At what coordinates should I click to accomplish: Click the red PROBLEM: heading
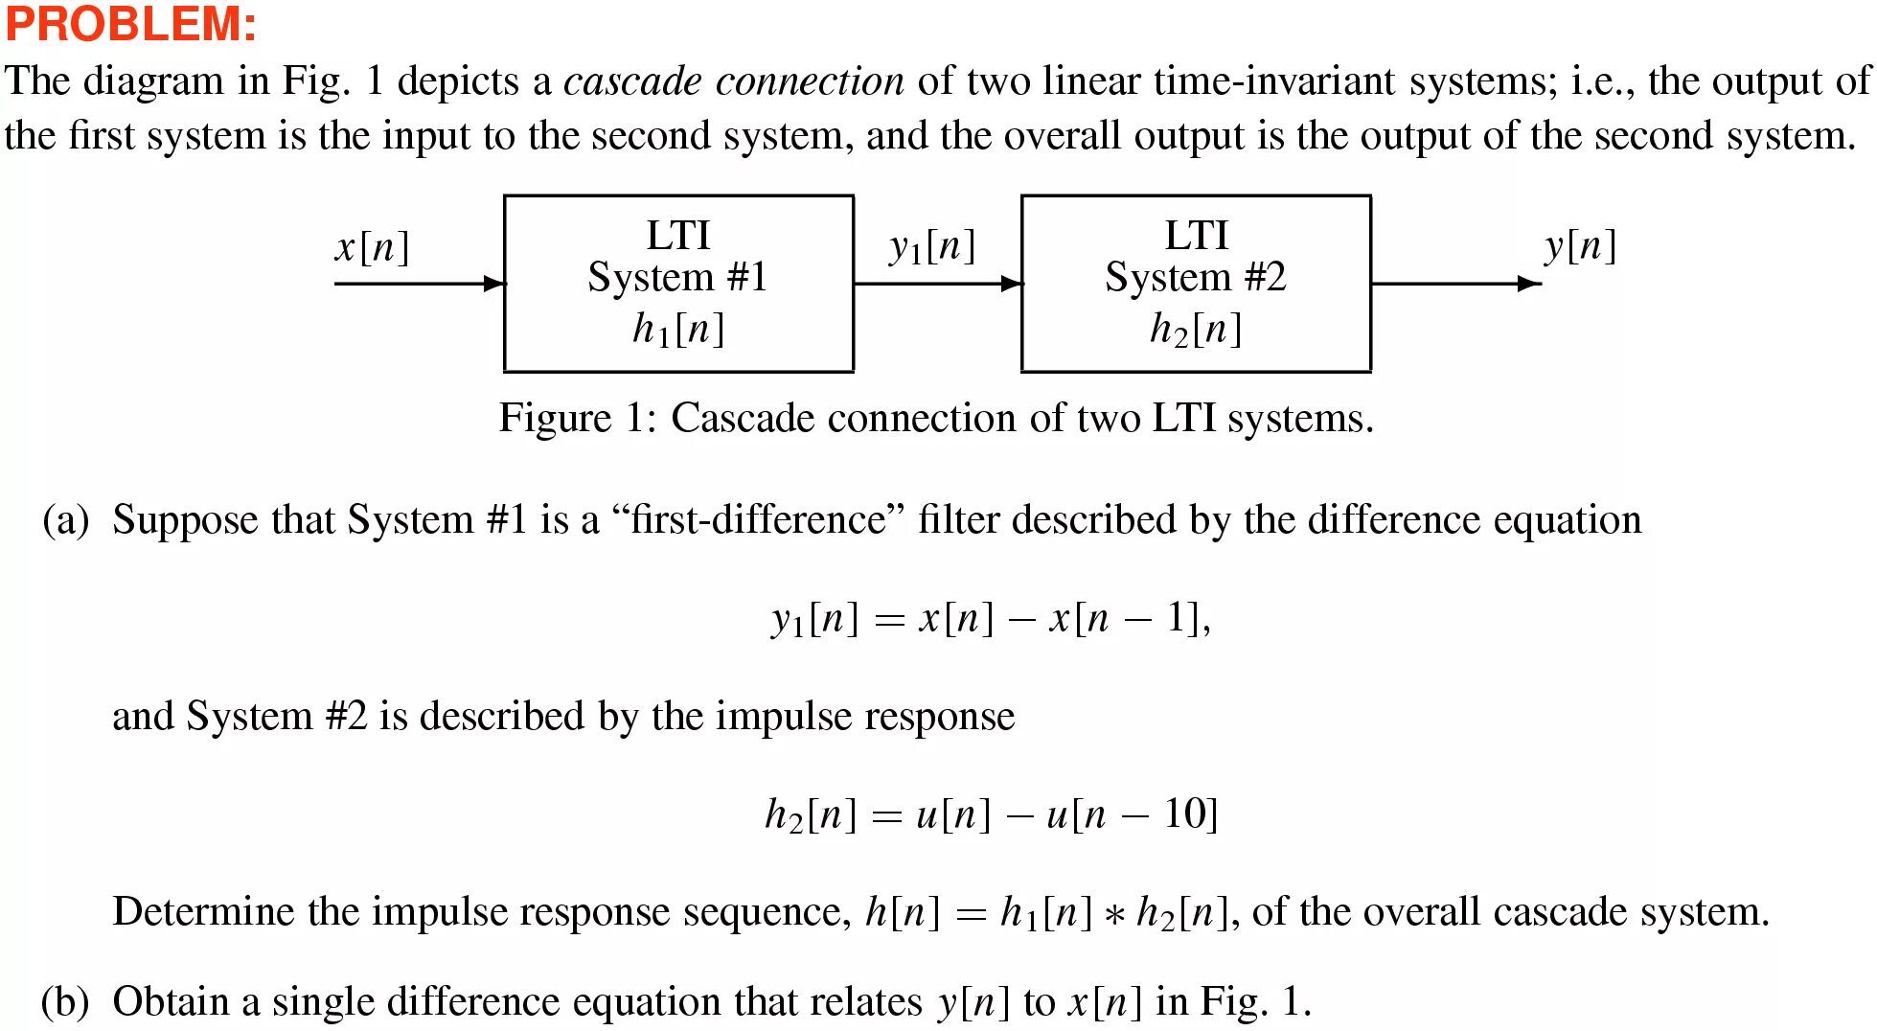(131, 24)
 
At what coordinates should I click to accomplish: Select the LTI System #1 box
(678, 284)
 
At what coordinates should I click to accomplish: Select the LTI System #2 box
(1196, 284)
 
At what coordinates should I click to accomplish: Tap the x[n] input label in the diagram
(373, 247)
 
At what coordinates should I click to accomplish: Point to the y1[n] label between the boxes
(932, 247)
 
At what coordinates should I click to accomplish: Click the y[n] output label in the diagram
(1580, 246)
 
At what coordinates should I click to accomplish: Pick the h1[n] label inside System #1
(678, 330)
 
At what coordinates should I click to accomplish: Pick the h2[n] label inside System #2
(1196, 330)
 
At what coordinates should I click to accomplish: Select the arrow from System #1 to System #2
(937, 284)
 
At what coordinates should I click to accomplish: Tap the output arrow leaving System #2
(1455, 284)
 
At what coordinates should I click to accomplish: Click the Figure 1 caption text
(936, 419)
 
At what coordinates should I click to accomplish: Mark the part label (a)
(65, 520)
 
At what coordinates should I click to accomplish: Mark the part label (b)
(65, 1002)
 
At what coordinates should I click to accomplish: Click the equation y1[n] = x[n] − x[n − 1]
(991, 619)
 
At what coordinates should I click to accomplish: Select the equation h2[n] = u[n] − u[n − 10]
(991, 814)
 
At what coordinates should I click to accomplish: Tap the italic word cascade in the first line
(632, 81)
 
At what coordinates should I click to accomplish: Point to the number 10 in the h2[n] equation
(1184, 814)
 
